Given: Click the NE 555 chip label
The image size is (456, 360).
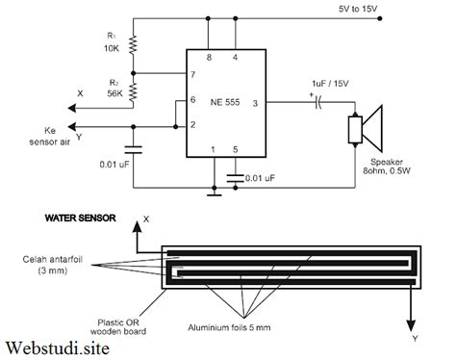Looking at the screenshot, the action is pyautogui.click(x=225, y=102).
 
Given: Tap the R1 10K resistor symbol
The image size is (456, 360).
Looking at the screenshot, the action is pyautogui.click(x=133, y=44).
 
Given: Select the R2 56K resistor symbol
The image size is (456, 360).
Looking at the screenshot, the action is pyautogui.click(x=133, y=91).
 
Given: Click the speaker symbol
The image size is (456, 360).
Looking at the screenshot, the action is pyautogui.click(x=366, y=129).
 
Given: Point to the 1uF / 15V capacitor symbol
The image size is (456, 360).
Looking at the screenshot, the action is pyautogui.click(x=318, y=103).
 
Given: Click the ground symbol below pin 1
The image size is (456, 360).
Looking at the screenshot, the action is pyautogui.click(x=215, y=193).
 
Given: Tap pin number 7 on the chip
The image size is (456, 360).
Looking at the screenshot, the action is pyautogui.click(x=192, y=74).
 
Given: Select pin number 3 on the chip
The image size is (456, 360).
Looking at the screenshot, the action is pyautogui.click(x=255, y=103).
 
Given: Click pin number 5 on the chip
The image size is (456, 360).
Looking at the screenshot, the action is pyautogui.click(x=236, y=149).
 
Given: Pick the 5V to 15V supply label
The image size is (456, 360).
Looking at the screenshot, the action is pyautogui.click(x=358, y=9).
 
